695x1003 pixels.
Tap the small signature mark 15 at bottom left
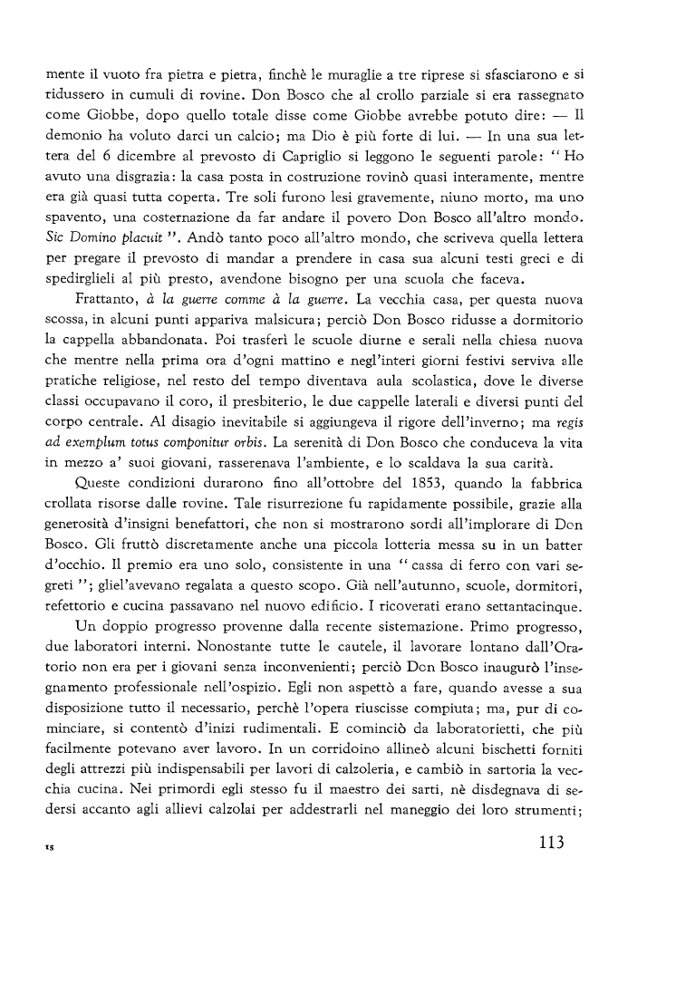tap(50, 849)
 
